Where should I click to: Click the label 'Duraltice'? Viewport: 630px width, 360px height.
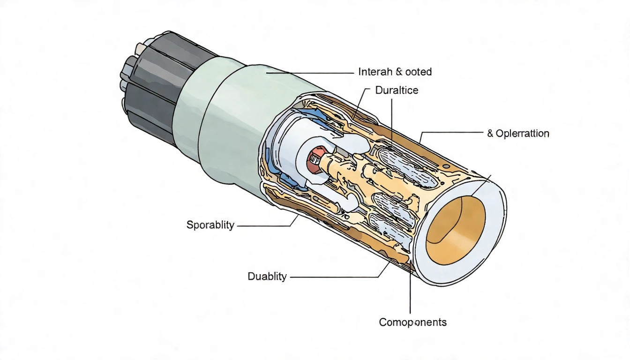[397, 90]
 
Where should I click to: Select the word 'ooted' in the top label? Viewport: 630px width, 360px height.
[419, 72]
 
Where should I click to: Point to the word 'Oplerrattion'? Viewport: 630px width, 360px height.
[522, 134]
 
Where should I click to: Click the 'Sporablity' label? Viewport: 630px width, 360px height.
[210, 225]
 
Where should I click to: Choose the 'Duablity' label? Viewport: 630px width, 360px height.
[267, 277]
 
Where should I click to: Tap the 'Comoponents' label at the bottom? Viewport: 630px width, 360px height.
[412, 322]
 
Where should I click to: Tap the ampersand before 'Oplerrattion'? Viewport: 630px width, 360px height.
[490, 134]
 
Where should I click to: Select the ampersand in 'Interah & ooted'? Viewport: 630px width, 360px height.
[399, 72]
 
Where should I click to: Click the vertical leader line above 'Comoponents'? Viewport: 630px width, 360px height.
[410, 295]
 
